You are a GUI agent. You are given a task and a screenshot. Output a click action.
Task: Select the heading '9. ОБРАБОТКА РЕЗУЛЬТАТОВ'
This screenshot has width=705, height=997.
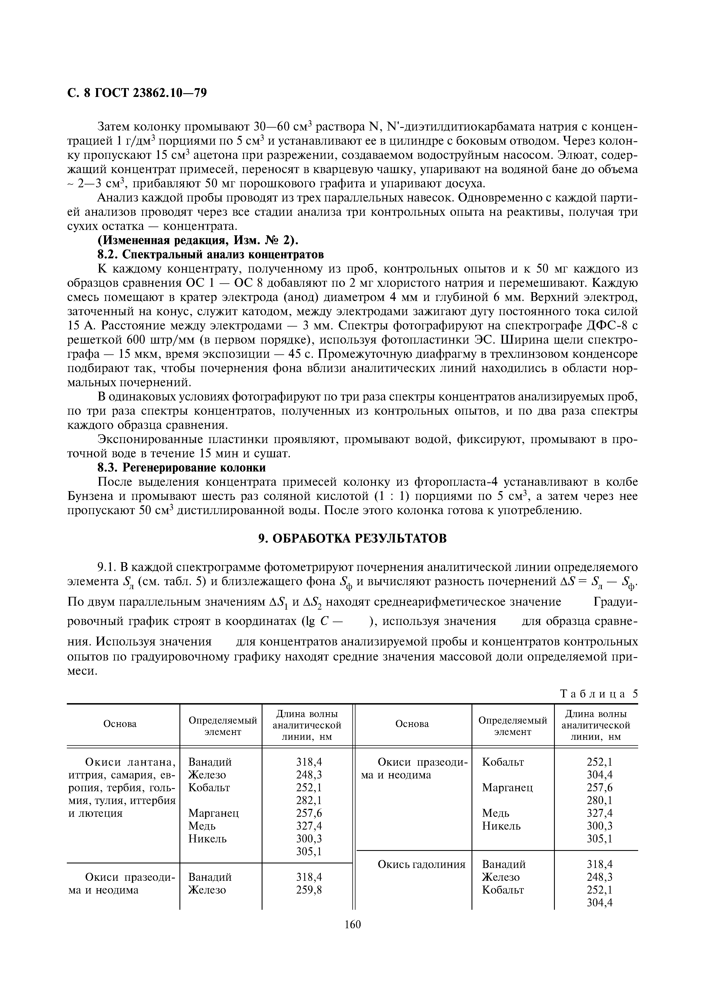(x=352, y=539)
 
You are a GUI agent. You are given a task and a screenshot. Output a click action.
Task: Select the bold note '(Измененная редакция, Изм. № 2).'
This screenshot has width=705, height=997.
(x=198, y=240)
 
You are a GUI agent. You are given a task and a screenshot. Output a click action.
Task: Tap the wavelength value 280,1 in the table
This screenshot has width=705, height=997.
(x=599, y=800)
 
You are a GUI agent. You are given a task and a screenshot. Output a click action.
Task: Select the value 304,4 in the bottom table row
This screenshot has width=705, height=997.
(x=599, y=902)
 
